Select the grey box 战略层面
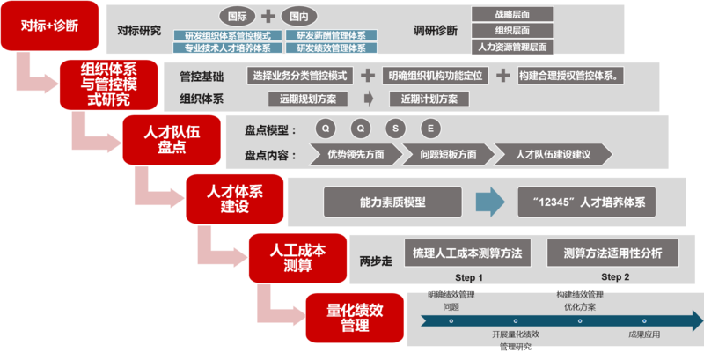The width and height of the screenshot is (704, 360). (x=512, y=15)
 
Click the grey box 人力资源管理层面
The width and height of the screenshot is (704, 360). (x=512, y=47)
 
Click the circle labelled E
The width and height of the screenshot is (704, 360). (x=429, y=129)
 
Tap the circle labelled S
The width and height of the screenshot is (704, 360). (x=395, y=129)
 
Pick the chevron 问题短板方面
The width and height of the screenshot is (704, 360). (x=446, y=154)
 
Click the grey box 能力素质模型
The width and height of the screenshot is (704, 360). (x=392, y=202)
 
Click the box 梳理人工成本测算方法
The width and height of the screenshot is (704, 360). (x=467, y=253)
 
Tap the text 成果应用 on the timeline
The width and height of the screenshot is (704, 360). (x=644, y=334)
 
